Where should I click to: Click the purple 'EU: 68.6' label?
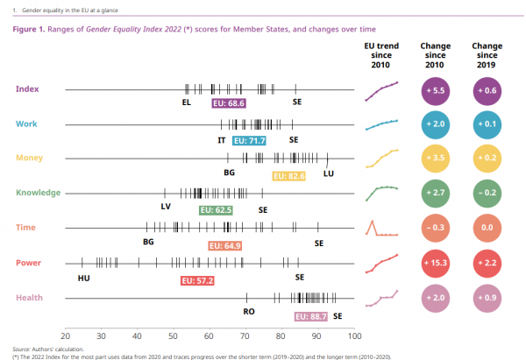pos(229,103)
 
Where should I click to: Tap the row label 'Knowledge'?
pos(39,192)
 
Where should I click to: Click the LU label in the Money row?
pos(329,173)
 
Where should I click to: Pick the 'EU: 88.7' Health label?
pos(310,315)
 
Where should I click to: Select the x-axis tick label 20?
pos(65,335)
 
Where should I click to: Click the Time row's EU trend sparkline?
pos(381,227)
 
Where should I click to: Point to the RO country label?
pos(249,311)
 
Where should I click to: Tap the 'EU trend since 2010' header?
pos(381,55)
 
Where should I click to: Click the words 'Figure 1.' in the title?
pos(32,29)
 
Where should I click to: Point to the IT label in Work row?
pos(222,139)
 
